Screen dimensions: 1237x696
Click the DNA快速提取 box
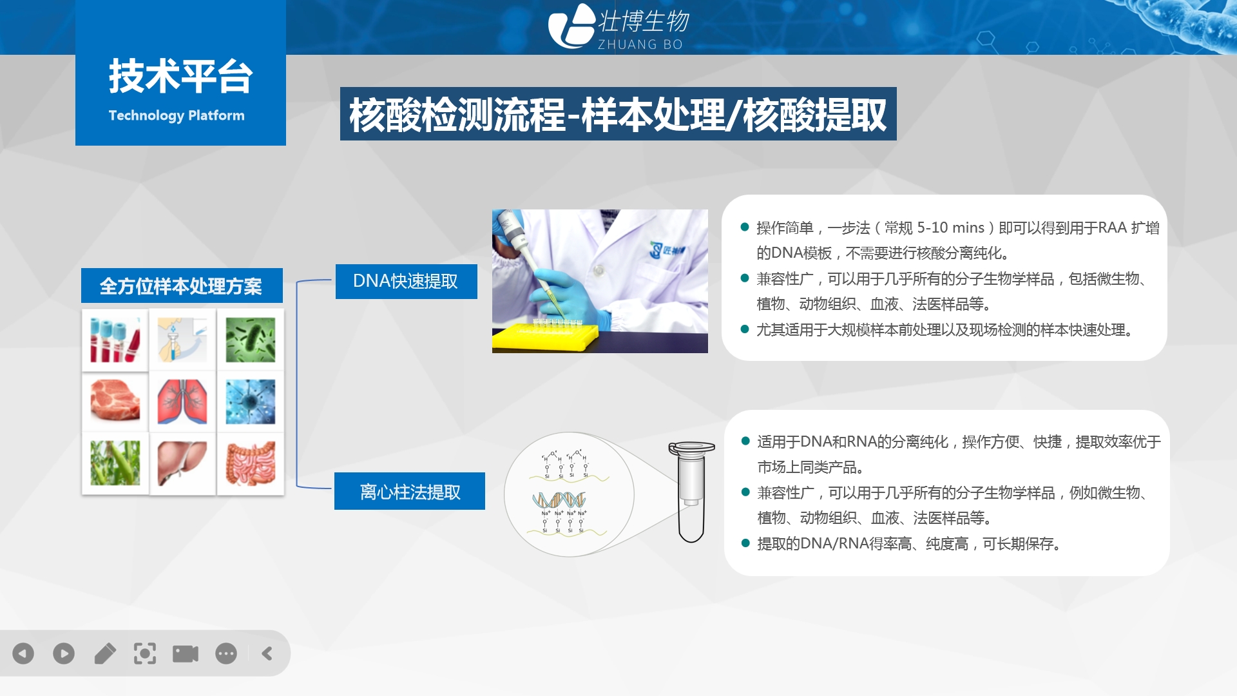406,282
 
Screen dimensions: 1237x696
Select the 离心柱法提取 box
410,491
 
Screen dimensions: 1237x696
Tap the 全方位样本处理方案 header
182,285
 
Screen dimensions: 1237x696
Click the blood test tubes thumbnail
115,340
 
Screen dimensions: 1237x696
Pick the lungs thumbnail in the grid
182,401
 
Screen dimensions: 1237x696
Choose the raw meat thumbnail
115,401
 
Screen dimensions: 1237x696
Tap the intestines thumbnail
251,463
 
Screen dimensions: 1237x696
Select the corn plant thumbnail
115,463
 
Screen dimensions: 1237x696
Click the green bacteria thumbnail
251,340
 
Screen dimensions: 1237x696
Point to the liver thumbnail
182,463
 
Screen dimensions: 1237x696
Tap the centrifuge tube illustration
691,492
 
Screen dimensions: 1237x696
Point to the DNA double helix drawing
559,500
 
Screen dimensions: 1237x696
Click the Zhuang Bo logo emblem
571,26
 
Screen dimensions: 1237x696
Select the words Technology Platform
177,115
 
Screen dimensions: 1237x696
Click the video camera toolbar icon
186,653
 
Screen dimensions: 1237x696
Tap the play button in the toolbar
64,653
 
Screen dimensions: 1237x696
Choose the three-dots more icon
226,653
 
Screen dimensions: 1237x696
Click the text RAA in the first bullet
1113,227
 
